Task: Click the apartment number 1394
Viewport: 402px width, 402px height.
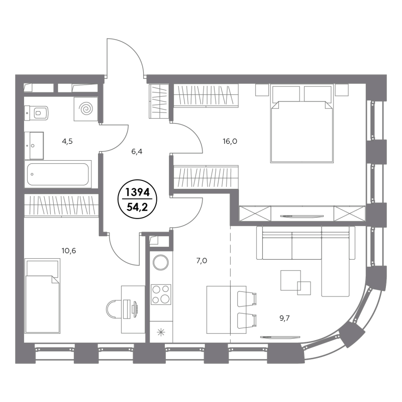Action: pos(137,192)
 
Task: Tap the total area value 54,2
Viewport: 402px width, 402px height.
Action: pos(137,207)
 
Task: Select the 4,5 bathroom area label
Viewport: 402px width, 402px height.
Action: pos(67,142)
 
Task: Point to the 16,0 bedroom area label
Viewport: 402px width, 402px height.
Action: pos(230,141)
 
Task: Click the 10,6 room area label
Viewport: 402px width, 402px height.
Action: pos(69,251)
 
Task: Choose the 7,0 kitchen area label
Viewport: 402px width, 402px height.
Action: pos(202,261)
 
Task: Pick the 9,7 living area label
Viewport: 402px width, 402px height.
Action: pos(284,319)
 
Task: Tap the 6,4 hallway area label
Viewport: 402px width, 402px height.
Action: pos(137,152)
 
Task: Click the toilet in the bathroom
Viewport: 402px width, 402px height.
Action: pos(36,113)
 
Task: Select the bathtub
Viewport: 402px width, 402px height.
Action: pos(58,174)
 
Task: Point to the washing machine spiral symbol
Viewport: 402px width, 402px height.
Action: pos(85,109)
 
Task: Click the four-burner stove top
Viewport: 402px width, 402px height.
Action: pos(161,294)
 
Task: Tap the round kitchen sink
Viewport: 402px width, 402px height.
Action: pos(161,262)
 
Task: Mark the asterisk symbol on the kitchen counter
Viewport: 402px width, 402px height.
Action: pos(161,333)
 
